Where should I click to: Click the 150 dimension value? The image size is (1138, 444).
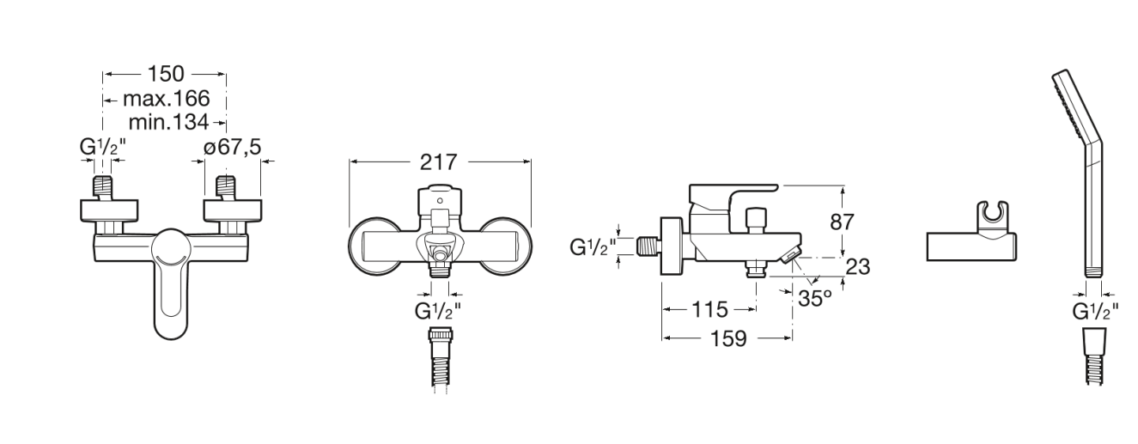click(166, 74)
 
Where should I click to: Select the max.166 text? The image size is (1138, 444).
click(166, 98)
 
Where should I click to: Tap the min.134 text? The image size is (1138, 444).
click(168, 122)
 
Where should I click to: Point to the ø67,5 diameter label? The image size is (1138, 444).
click(232, 147)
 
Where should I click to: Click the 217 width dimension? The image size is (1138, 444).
click(439, 162)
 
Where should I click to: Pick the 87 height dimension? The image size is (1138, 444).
click(842, 222)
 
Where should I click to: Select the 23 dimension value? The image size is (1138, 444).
click(858, 267)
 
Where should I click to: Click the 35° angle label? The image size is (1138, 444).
click(815, 298)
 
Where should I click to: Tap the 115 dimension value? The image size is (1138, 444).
click(709, 309)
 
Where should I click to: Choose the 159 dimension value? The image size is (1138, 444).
click(728, 339)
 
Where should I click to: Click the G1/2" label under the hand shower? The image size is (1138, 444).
click(1095, 312)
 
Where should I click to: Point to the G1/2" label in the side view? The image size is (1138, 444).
click(593, 247)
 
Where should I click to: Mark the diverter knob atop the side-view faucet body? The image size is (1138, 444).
click(756, 220)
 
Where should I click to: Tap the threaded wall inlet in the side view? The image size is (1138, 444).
click(648, 246)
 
